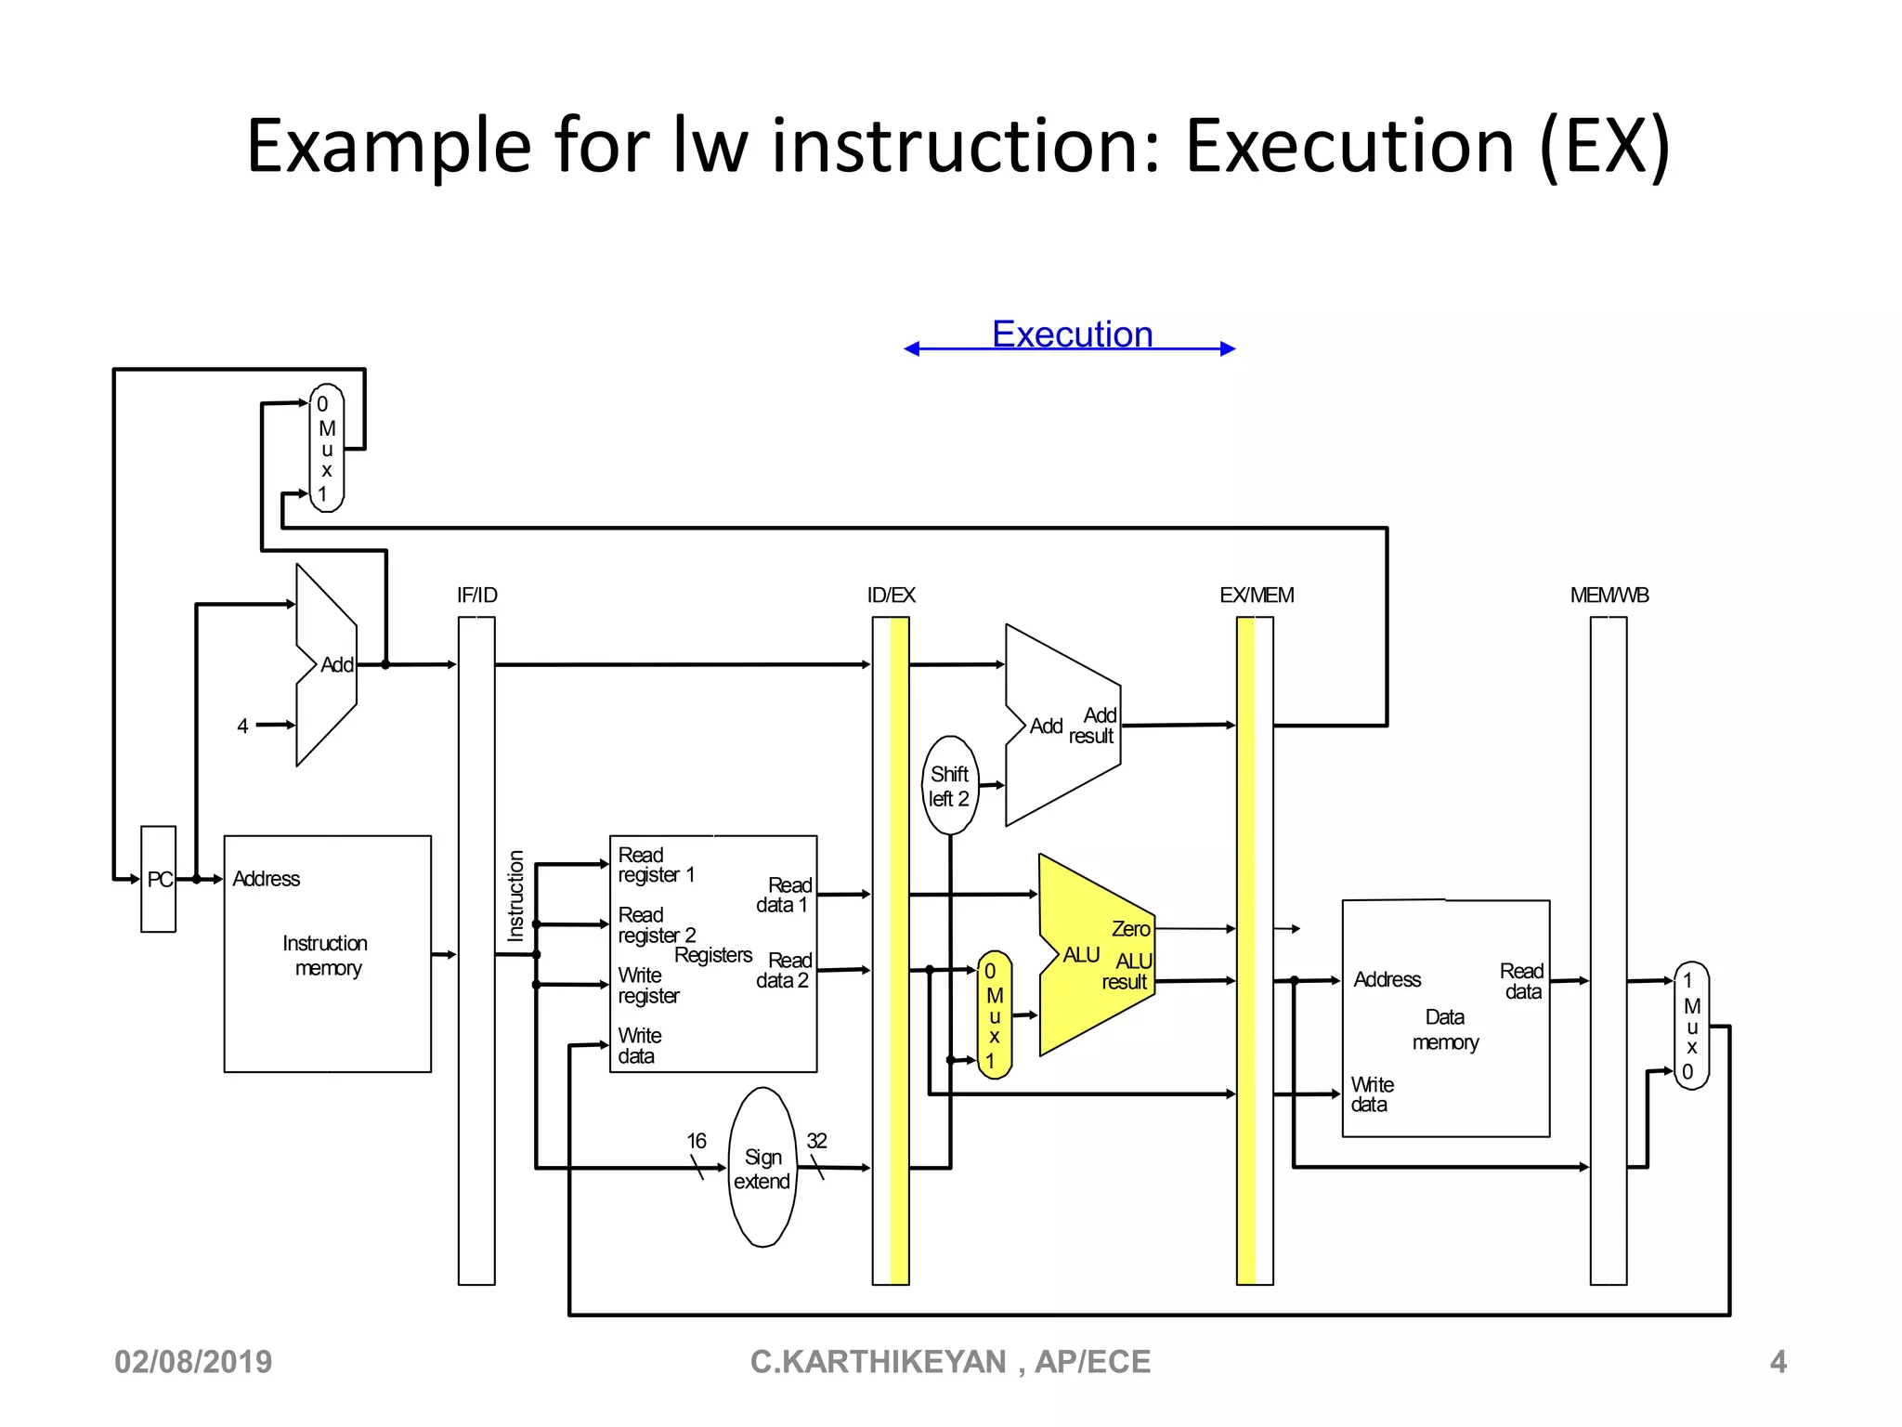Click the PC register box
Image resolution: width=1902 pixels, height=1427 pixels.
pyautogui.click(x=158, y=879)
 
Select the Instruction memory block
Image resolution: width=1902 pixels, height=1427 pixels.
pyautogui.click(x=327, y=954)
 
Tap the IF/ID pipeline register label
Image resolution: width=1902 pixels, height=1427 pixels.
pyautogui.click(x=476, y=596)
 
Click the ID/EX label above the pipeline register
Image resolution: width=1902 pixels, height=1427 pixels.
pyautogui.click(x=891, y=596)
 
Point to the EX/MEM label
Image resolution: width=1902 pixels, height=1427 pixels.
pyautogui.click(x=1256, y=596)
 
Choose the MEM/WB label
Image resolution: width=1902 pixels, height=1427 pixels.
pyautogui.click(x=1609, y=596)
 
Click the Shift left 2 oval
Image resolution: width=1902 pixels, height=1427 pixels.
pyautogui.click(x=950, y=786)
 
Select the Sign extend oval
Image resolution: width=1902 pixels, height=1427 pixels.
pyautogui.click(x=762, y=1168)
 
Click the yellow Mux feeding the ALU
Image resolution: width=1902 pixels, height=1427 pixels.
pyautogui.click(x=994, y=1015)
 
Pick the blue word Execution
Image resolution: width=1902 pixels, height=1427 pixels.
pyautogui.click(x=1072, y=334)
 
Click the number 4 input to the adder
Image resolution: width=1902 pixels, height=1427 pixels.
pyautogui.click(x=242, y=727)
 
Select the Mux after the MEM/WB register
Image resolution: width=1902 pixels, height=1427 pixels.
pyautogui.click(x=1690, y=1026)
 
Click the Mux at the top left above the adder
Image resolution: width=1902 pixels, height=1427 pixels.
pyautogui.click(x=326, y=449)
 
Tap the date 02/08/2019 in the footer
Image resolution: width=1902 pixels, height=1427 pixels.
pyautogui.click(x=193, y=1362)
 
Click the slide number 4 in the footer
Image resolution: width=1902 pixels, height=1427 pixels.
pyautogui.click(x=1778, y=1362)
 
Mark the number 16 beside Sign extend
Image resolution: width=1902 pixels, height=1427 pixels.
pyautogui.click(x=696, y=1141)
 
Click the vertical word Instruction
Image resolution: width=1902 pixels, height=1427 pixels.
pyautogui.click(x=516, y=896)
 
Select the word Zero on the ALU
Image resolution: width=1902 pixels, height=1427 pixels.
pyautogui.click(x=1130, y=929)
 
